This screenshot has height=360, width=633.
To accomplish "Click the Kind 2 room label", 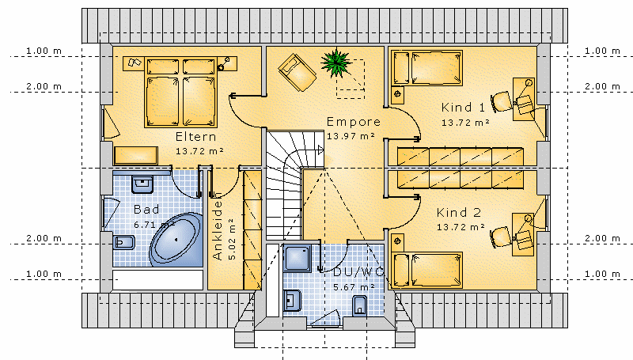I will click(x=459, y=212).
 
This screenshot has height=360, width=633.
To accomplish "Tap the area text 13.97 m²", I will click(x=351, y=136).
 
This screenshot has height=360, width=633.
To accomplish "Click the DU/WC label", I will click(x=358, y=271).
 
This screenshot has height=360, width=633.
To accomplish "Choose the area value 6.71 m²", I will click(x=154, y=225).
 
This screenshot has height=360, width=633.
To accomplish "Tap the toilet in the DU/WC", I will click(x=361, y=305).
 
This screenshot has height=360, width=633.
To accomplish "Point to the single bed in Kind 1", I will click(x=428, y=67).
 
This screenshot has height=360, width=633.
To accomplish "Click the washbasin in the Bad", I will click(x=142, y=185).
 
